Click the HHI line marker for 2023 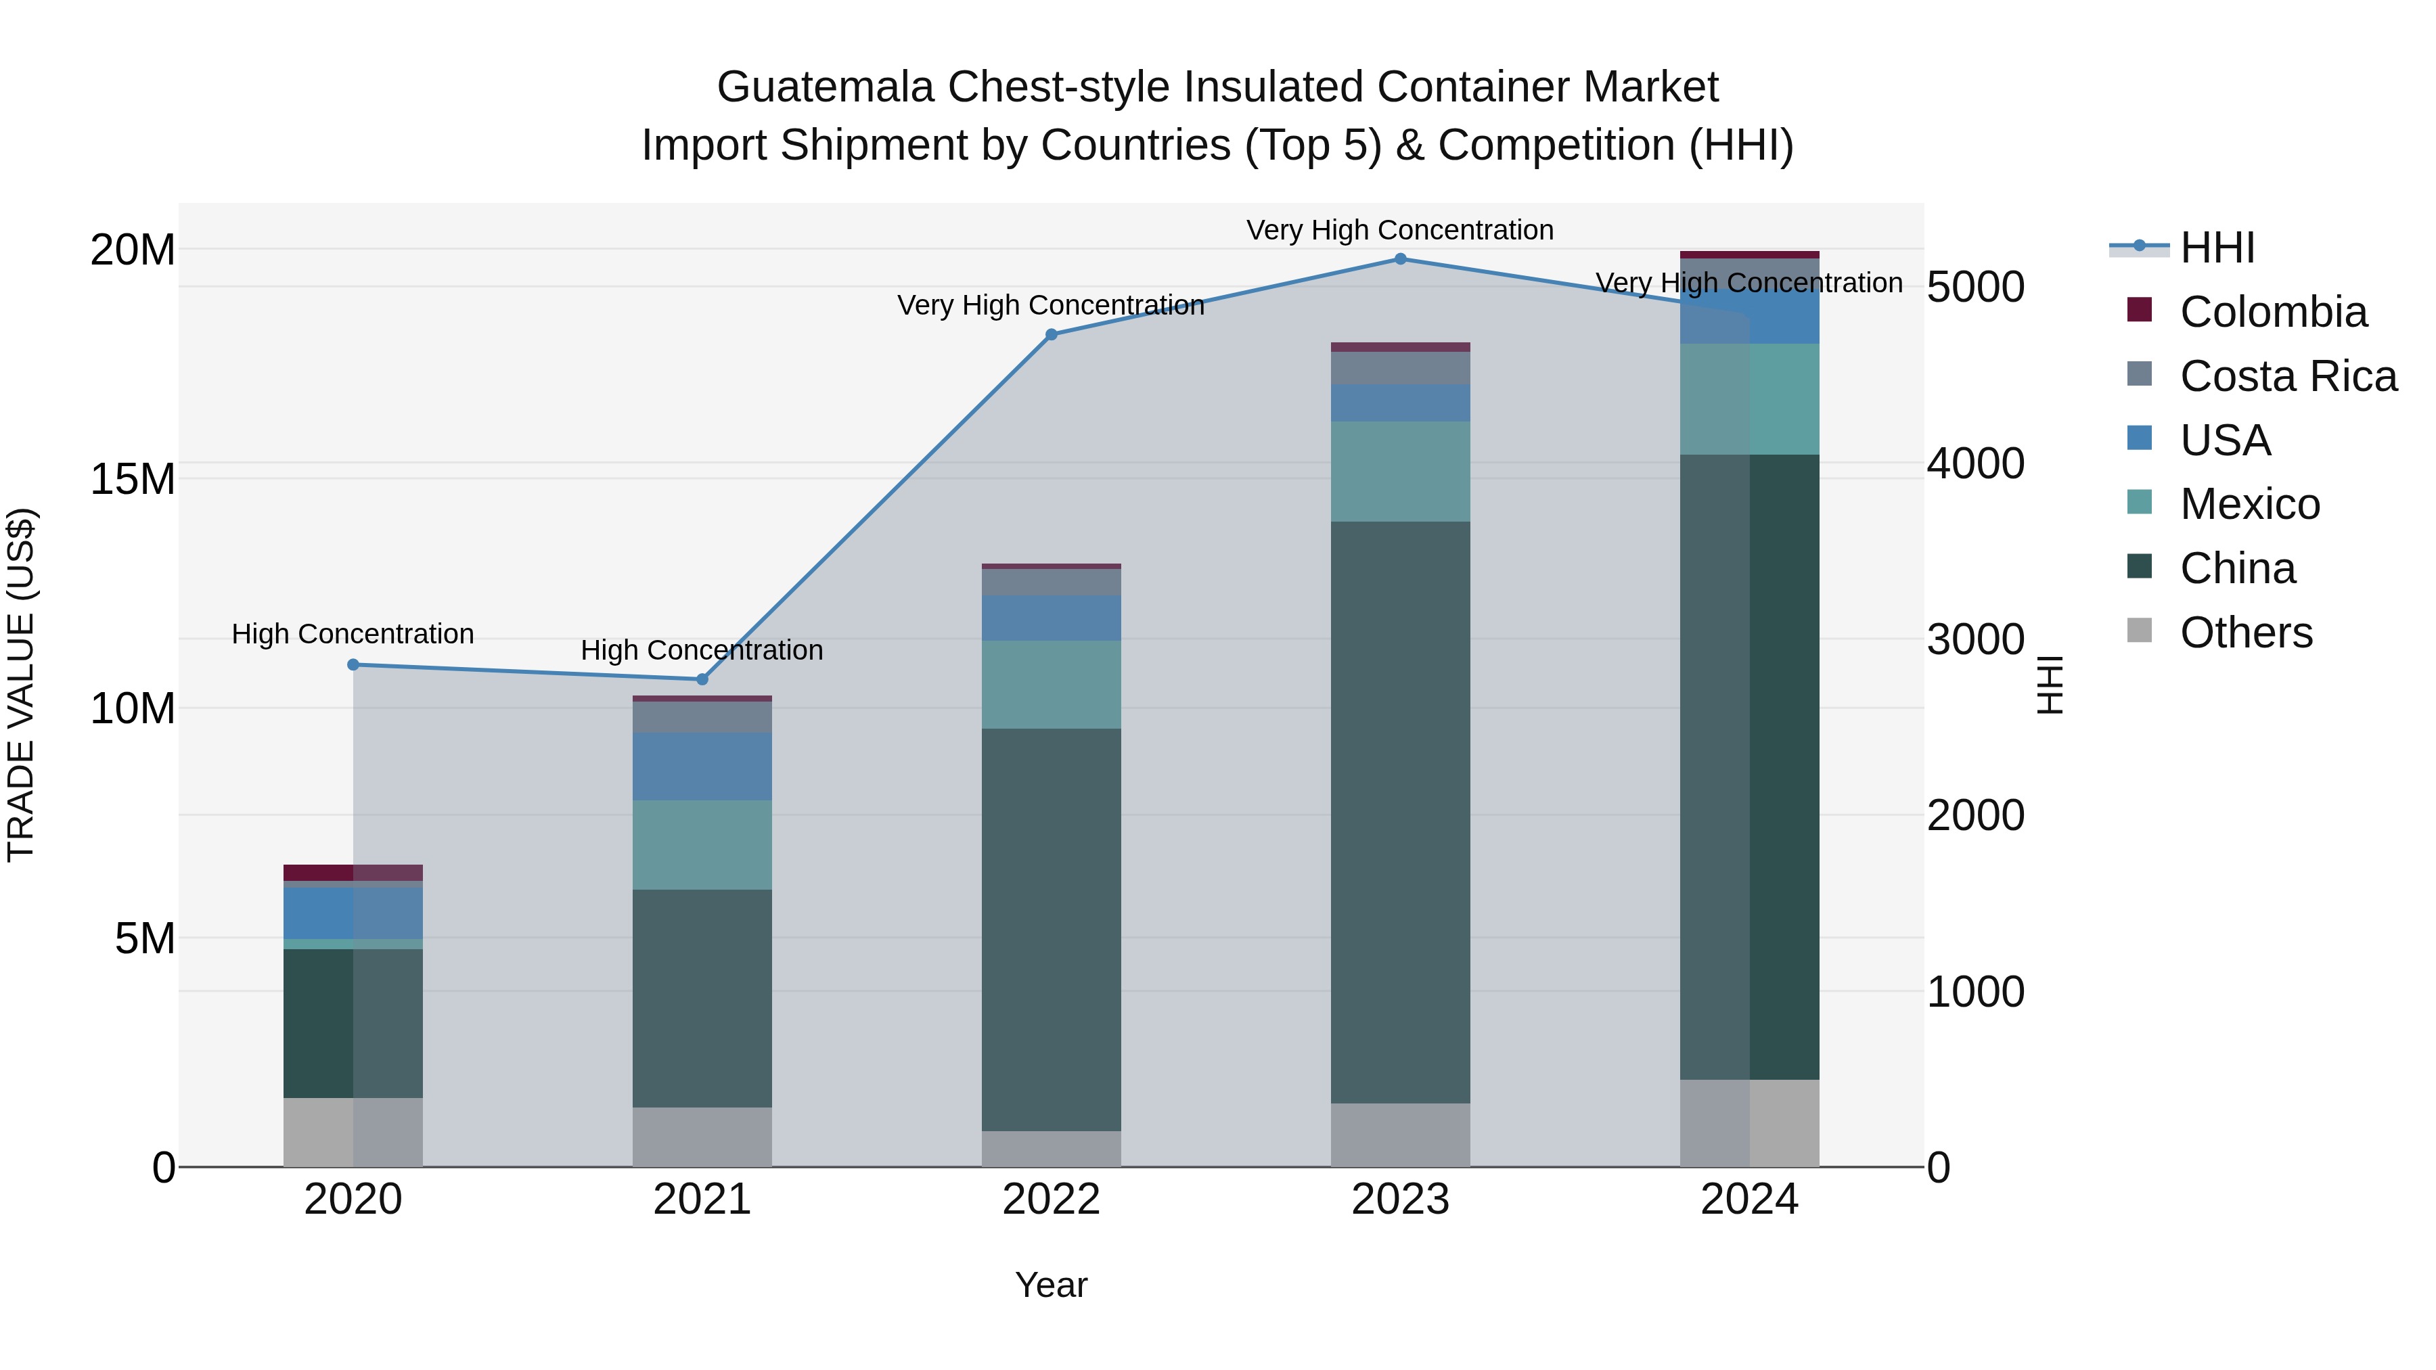(1401, 259)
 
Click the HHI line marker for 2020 (353, 664)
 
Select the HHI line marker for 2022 (1052, 335)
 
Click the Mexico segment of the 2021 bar (702, 844)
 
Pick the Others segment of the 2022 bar (1052, 1149)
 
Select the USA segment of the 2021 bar (702, 766)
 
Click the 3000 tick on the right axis (1975, 639)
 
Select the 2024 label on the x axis (1749, 1200)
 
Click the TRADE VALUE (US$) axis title (21, 685)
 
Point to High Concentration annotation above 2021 (702, 650)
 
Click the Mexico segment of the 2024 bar (1749, 399)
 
